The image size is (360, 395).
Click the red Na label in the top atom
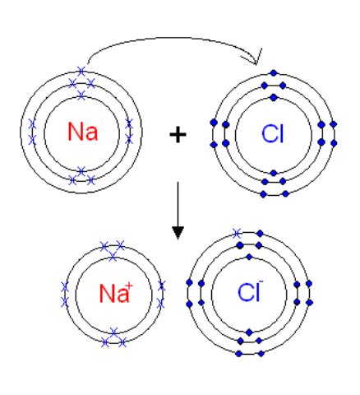83,132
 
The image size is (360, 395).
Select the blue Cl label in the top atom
273,134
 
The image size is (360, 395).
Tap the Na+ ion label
116,293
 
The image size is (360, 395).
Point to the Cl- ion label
251,291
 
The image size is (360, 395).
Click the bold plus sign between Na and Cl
178,134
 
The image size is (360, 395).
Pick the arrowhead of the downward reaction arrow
178,233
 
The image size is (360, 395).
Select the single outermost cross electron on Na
81,71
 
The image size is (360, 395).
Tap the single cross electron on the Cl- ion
237,234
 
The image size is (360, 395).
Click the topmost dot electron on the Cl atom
274,73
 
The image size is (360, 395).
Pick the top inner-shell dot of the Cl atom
274,97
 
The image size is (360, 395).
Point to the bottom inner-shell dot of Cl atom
274,173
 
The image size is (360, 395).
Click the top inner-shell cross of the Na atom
81,95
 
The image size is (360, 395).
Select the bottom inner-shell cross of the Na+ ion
114,332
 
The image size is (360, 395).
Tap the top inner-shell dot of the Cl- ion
249,257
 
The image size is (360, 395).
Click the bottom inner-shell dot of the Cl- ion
249,332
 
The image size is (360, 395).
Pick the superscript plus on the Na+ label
129,286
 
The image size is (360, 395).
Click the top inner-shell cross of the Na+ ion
113,257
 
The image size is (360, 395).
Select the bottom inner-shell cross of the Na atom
81,171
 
